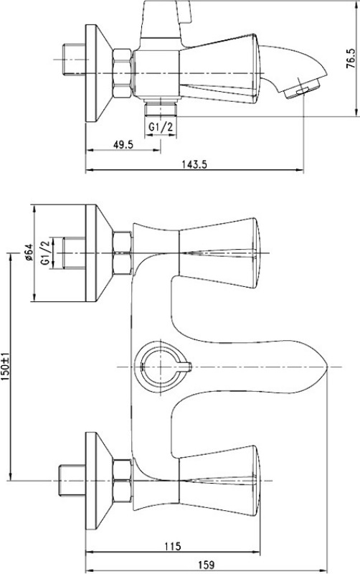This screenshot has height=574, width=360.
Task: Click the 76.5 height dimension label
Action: click(x=350, y=59)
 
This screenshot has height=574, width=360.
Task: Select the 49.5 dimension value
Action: click(x=123, y=145)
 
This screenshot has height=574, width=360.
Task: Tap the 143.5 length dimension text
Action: click(x=194, y=164)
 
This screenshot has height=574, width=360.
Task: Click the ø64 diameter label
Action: click(x=29, y=253)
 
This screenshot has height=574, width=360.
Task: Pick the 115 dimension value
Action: click(x=173, y=547)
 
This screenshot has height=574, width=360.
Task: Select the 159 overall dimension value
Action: click(x=206, y=565)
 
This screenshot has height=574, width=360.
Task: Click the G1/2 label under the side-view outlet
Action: click(x=161, y=127)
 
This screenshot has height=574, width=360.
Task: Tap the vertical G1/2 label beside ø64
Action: click(x=45, y=253)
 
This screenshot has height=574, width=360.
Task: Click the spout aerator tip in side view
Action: click(x=302, y=89)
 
